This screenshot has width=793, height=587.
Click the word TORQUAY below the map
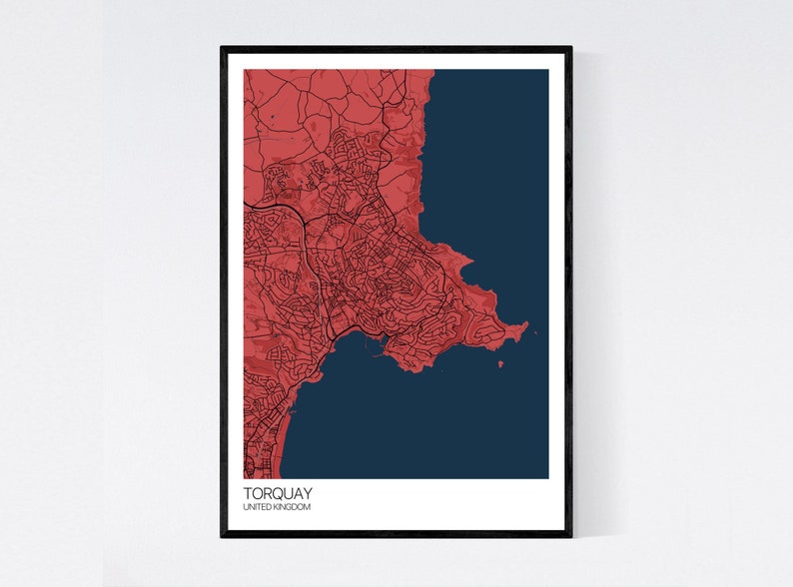click(x=276, y=493)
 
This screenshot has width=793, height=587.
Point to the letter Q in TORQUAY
click(x=279, y=493)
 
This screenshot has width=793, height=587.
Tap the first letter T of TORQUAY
click(x=248, y=493)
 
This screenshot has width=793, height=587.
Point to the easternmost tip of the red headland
click(x=525, y=325)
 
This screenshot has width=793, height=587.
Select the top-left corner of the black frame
click(x=223, y=48)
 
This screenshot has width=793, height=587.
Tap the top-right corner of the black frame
click(x=570, y=48)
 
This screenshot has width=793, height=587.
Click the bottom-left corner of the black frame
click(x=223, y=535)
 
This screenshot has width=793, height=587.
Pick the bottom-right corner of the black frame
click(x=570, y=535)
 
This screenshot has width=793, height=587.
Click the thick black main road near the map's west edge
click(x=262, y=206)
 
